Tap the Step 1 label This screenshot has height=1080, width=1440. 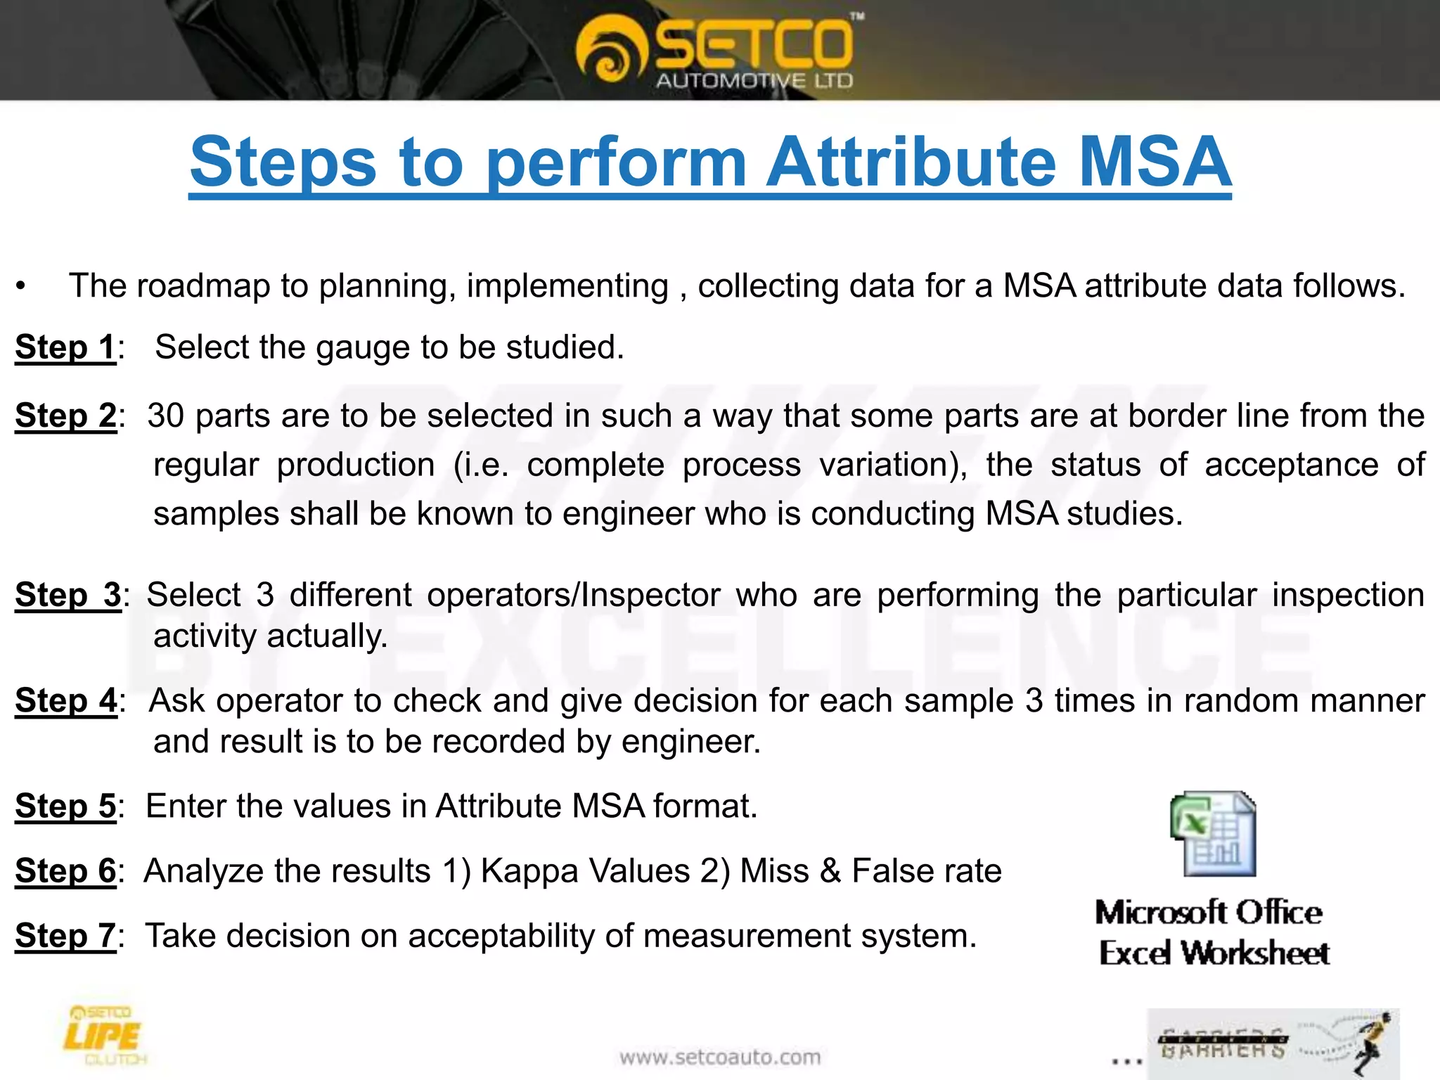coord(65,347)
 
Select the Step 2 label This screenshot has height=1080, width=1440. coord(66,416)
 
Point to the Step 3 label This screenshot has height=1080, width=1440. coord(68,595)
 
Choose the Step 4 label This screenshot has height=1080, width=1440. coord(66,700)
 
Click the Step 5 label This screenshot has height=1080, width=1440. coord(66,806)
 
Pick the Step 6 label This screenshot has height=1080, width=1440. coord(66,870)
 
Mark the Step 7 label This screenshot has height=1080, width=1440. coord(66,936)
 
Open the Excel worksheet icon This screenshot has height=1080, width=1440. coord(1213,834)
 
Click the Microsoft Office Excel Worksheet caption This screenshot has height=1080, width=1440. coord(1212,932)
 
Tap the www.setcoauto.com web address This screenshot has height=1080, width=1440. coord(719,1057)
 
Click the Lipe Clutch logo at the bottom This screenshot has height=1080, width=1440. coord(104,1036)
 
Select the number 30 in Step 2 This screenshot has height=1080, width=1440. coord(166,416)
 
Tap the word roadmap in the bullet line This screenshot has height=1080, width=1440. coord(203,285)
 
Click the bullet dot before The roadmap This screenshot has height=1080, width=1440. coord(22,287)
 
